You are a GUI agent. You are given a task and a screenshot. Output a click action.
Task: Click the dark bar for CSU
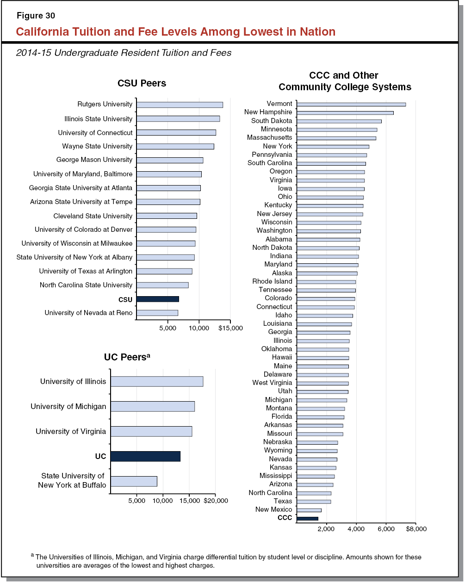[x=157, y=299]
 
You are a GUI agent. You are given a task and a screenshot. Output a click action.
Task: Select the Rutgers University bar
[x=180, y=105]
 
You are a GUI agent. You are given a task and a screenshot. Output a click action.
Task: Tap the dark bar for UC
[x=145, y=456]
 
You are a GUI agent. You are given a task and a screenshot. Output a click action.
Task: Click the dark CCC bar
[x=307, y=518]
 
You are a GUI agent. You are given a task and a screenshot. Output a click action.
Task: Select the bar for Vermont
[x=351, y=104]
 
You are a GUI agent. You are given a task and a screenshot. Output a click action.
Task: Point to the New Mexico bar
[x=309, y=510]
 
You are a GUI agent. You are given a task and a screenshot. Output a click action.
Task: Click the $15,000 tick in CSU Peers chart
[x=230, y=328]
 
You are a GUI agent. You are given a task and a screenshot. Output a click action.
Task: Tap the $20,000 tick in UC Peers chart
[x=216, y=501]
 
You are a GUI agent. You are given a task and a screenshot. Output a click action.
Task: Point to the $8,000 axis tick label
[x=416, y=528]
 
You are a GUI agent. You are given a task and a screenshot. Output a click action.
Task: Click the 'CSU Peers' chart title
[x=142, y=84]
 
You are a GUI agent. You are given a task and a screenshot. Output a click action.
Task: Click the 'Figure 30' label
[x=36, y=16]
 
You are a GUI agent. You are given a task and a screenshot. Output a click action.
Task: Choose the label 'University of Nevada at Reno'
[x=88, y=313]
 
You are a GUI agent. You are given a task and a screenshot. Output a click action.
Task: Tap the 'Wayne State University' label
[x=97, y=146]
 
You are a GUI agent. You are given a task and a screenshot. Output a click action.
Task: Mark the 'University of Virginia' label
[x=71, y=431]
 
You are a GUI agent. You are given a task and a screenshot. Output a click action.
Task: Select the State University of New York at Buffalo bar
[x=134, y=481]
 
